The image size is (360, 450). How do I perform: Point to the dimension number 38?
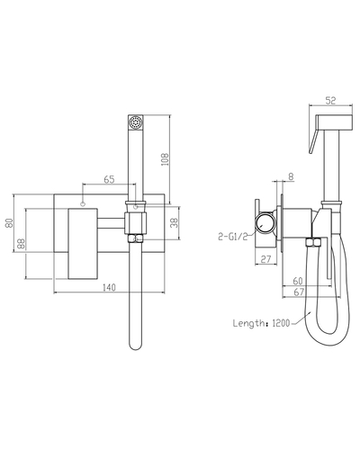(x=175, y=222)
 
